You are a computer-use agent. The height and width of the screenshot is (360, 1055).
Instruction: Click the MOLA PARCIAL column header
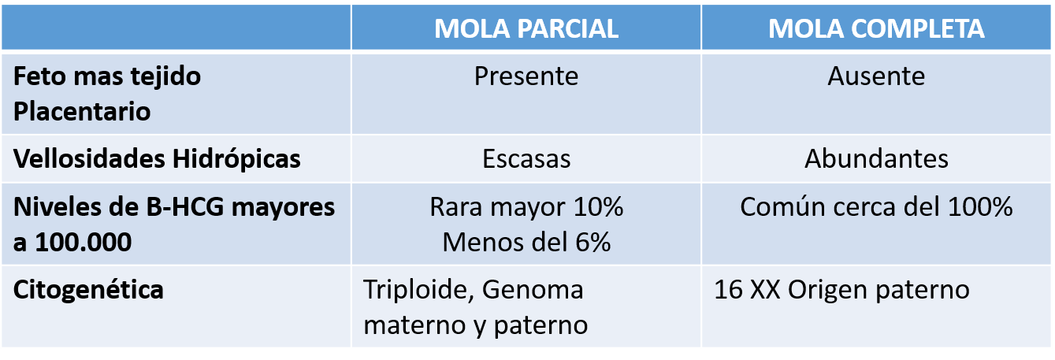(526, 28)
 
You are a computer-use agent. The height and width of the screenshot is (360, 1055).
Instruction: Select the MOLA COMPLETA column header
(876, 28)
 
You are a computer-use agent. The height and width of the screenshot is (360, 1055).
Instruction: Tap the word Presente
(526, 76)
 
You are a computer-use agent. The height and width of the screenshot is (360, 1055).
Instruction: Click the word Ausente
(876, 76)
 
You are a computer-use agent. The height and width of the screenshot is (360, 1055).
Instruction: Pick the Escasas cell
(526, 158)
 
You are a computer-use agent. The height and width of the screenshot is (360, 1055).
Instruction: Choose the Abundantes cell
(876, 158)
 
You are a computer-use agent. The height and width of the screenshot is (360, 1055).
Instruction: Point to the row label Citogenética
(88, 289)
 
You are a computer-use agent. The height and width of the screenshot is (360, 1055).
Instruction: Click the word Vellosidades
(89, 158)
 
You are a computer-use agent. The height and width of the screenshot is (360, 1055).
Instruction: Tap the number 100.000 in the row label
(84, 243)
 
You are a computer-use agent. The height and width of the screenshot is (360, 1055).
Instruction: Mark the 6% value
(593, 243)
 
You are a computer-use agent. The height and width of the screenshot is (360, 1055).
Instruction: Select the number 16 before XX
(729, 289)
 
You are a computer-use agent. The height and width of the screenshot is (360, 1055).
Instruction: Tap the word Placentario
(82, 112)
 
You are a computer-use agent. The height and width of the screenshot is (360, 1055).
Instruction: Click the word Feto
(39, 76)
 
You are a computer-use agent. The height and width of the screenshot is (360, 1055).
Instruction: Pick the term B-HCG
(185, 207)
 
